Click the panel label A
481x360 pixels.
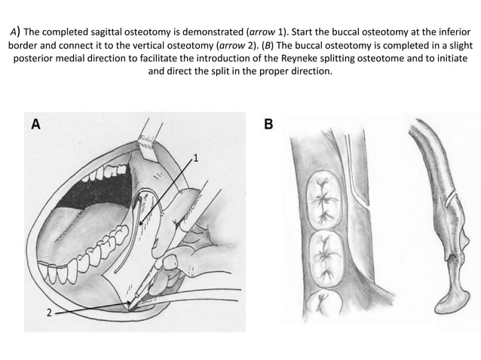click(x=35, y=124)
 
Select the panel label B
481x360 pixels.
click(x=268, y=124)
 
